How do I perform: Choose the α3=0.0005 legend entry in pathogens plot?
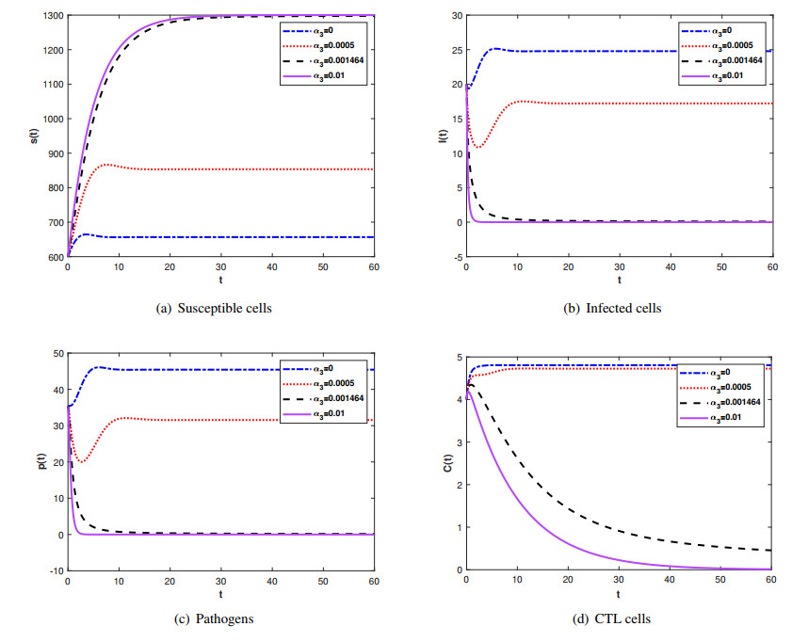point(323,385)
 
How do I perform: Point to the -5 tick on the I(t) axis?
point(453,257)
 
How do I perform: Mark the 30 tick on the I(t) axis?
point(453,16)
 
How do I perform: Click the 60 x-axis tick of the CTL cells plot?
point(771,581)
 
